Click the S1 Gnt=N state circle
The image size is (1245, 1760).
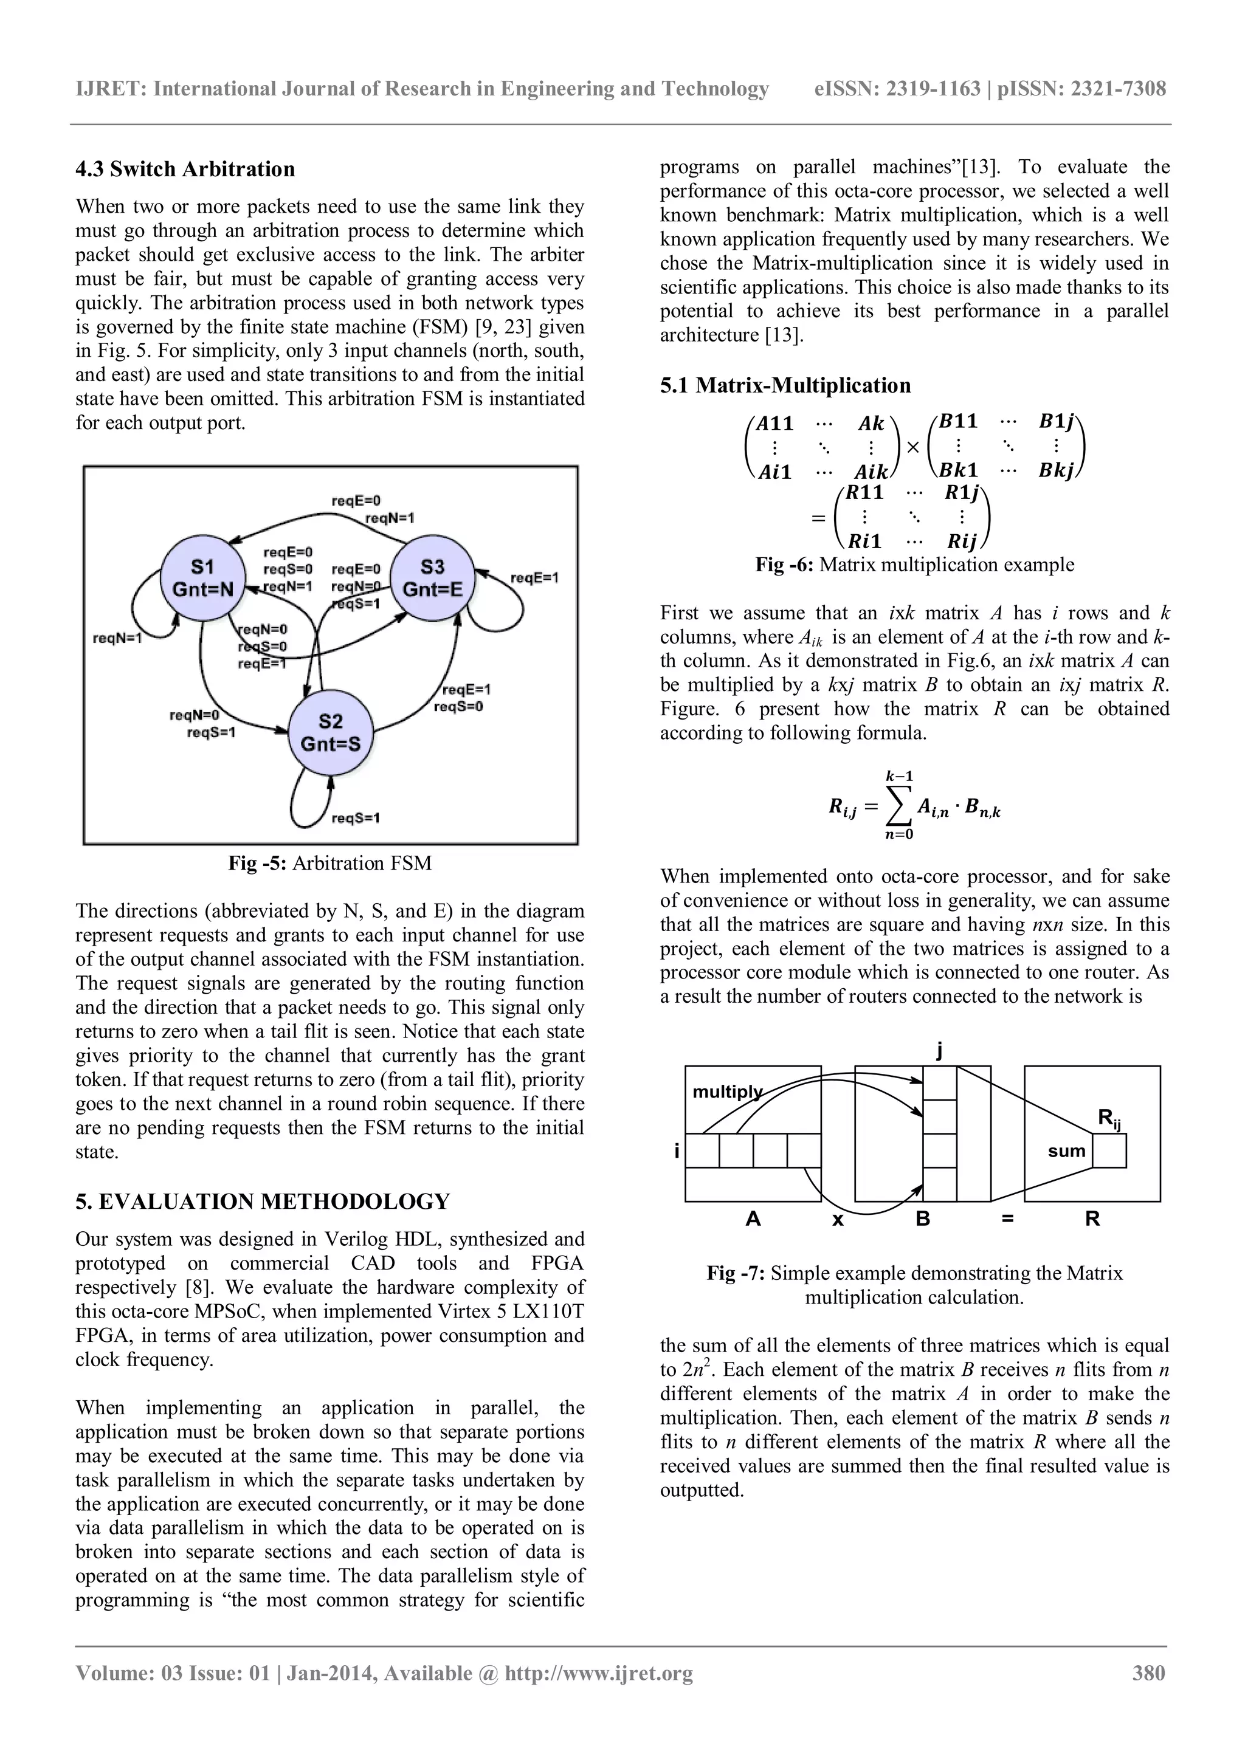tap(202, 579)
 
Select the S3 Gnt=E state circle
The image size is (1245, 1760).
tap(432, 579)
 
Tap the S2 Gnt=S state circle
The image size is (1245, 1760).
tap(331, 733)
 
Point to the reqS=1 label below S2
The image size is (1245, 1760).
tap(356, 818)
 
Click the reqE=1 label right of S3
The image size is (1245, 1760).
tap(534, 577)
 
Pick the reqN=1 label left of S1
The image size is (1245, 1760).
tap(117, 638)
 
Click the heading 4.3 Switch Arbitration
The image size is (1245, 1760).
tap(185, 168)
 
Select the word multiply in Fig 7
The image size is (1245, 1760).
tap(728, 1091)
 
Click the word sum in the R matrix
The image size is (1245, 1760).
tap(1066, 1150)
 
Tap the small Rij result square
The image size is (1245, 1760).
tap(1109, 1150)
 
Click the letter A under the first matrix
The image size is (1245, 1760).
tap(753, 1219)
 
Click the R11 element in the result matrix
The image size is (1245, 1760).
tap(866, 492)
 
